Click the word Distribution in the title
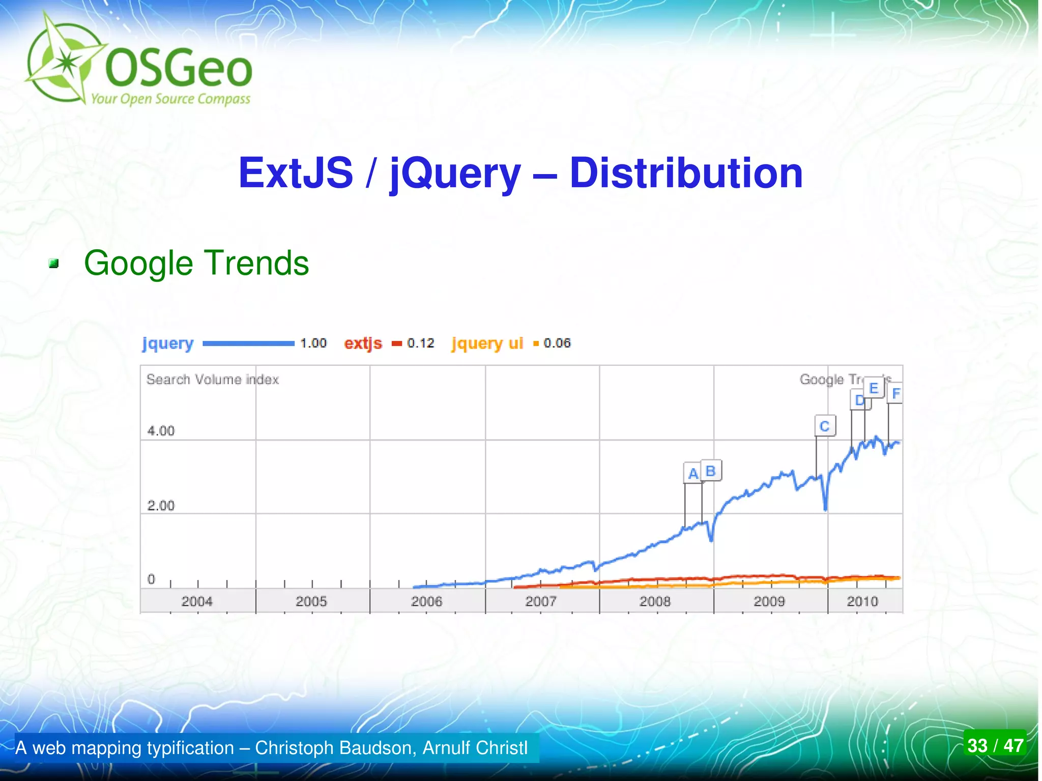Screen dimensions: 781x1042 coord(686,173)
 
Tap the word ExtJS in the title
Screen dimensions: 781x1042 coord(296,173)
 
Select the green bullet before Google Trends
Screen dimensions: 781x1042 coord(54,264)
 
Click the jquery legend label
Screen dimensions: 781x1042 coord(168,344)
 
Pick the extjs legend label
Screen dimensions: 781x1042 coord(363,343)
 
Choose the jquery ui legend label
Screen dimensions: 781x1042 coord(487,344)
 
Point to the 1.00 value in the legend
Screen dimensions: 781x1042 coord(313,343)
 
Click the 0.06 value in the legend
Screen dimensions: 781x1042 coord(557,343)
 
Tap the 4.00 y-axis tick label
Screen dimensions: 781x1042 coord(161,431)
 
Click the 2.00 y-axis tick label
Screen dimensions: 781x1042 coord(161,506)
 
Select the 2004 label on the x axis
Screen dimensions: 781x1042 coord(197,602)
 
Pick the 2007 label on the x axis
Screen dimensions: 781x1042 coord(541,602)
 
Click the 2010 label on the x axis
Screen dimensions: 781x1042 coord(862,602)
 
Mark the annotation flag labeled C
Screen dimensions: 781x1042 coord(825,426)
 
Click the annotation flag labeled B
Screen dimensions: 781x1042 coord(711,471)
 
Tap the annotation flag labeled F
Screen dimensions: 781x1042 coord(896,393)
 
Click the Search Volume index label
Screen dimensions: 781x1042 coord(213,380)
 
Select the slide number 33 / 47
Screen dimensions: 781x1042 coord(995,746)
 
